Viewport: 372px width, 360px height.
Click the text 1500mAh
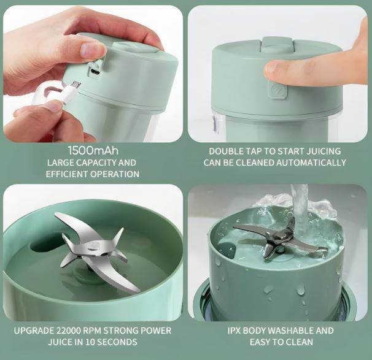93,150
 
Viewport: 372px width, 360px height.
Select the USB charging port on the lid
95,71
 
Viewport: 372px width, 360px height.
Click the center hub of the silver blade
93,245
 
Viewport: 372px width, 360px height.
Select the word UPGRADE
36,331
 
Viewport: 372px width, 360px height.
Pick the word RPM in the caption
95,331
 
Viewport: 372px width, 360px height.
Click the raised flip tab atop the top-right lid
276,44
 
